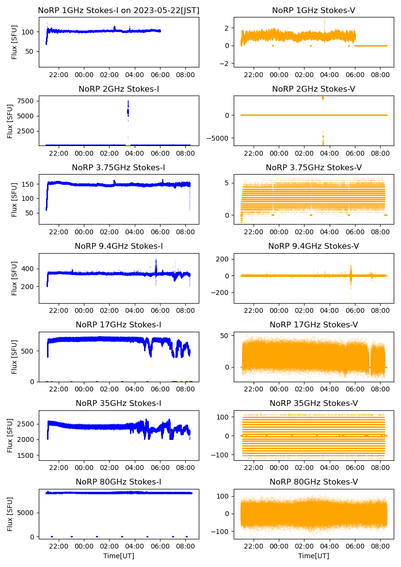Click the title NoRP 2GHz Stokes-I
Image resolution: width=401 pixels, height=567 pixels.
(119, 89)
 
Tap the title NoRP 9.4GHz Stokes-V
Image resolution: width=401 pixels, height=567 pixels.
(313, 246)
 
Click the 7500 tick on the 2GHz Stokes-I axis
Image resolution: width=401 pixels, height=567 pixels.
(26, 101)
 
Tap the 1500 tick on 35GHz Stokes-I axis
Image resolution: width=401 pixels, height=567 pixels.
(26, 455)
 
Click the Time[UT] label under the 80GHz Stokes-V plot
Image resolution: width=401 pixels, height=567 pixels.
(313, 556)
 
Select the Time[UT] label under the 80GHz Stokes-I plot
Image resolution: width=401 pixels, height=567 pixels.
(119, 556)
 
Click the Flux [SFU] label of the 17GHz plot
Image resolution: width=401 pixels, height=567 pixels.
(14, 357)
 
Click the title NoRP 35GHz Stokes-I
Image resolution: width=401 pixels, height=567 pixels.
(119, 404)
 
